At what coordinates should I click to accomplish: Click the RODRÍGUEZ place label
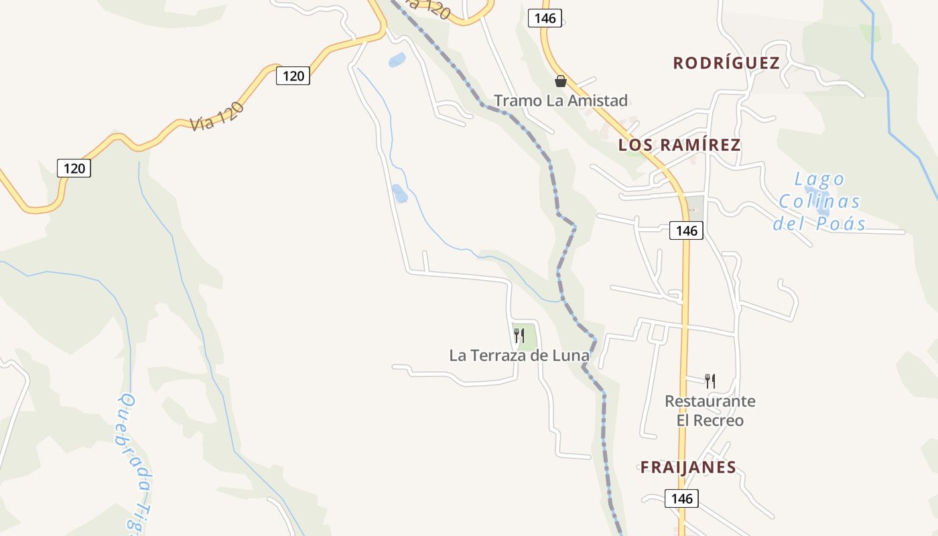click(x=726, y=63)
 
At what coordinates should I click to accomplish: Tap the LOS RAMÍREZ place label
click(x=679, y=145)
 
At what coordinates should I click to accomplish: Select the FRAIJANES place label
click(x=688, y=467)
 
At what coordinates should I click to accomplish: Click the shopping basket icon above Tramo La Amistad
click(x=561, y=81)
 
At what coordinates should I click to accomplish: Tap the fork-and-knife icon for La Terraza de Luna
click(x=519, y=335)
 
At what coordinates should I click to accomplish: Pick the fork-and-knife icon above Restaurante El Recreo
click(x=710, y=381)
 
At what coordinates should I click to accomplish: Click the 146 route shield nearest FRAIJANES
click(x=681, y=498)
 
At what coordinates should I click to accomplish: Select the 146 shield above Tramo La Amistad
click(x=545, y=18)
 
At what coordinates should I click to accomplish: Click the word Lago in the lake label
click(x=819, y=180)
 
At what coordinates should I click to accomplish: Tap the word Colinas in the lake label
click(x=819, y=202)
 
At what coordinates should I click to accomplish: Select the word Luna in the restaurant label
click(x=570, y=356)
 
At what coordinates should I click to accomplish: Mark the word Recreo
click(x=719, y=421)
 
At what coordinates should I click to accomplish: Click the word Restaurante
click(x=710, y=401)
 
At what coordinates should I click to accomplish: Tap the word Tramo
click(x=513, y=101)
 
